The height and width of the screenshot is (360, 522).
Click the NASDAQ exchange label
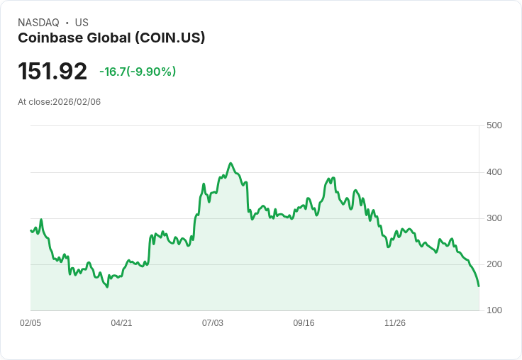[x=38, y=23]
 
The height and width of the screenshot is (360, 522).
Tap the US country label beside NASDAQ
[x=82, y=23]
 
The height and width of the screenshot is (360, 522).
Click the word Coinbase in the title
[x=48, y=38]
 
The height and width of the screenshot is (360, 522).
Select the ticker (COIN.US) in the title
[x=170, y=38]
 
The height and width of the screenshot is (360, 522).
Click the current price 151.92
[x=52, y=71]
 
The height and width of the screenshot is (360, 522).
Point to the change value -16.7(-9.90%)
[x=138, y=72]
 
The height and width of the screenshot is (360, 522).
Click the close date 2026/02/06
[x=77, y=102]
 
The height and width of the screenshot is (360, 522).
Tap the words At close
[x=34, y=102]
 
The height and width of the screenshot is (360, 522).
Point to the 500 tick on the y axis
[x=494, y=125]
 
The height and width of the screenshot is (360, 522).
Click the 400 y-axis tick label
[x=494, y=172]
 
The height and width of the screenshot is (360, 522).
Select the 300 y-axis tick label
[x=494, y=218]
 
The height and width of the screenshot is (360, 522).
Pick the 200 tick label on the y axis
[x=494, y=264]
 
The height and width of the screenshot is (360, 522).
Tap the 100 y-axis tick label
[x=494, y=310]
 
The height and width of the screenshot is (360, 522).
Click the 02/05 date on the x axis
[x=30, y=323]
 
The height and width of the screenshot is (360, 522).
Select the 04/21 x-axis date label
[x=121, y=323]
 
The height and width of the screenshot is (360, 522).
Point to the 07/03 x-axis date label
[x=213, y=323]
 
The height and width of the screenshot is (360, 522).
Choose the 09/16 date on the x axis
[x=304, y=323]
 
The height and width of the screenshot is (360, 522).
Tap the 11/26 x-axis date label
[x=395, y=323]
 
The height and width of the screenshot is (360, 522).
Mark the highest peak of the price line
[x=231, y=163]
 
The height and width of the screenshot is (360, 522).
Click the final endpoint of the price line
[x=479, y=286]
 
